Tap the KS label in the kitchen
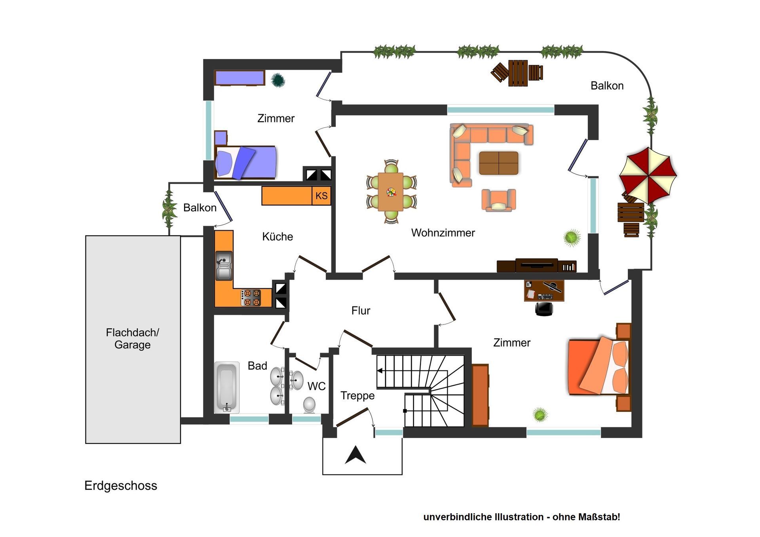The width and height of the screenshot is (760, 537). point(321,195)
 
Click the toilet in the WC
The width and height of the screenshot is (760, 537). point(310,405)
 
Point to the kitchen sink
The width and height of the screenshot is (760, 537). point(224,266)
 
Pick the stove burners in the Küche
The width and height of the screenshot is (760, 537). point(251,298)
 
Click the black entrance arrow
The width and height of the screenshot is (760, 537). point(355,455)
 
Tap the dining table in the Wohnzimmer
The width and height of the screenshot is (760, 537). point(391,192)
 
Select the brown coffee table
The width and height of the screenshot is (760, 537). point(499,163)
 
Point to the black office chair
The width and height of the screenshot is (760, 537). point(544,309)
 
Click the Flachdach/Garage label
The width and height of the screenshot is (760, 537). point(133,338)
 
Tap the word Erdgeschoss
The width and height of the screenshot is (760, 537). point(121,486)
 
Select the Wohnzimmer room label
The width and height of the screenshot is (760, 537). point(443,233)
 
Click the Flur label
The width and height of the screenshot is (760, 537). point(361,311)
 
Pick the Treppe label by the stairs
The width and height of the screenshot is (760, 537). point(357,396)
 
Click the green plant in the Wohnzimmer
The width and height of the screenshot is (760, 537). point(572,238)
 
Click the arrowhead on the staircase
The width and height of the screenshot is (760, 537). point(380,371)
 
